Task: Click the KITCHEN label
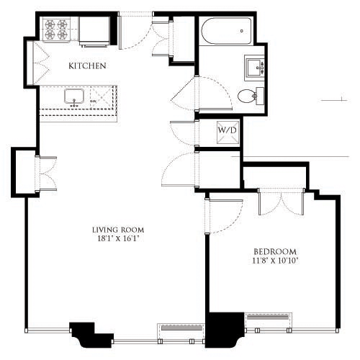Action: tap(87, 66)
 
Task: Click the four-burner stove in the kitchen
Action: tap(56, 29)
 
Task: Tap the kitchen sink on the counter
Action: tap(74, 96)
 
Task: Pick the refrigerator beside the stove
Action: tap(94, 30)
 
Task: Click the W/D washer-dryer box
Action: tap(228, 132)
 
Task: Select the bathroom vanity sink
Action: tap(256, 68)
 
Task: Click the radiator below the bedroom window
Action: tap(269, 320)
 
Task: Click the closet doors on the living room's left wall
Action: tap(46, 173)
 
